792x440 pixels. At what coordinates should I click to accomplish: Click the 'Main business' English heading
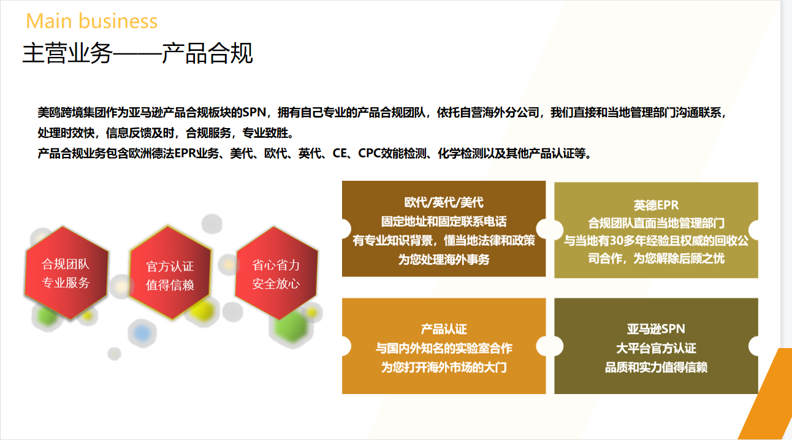tap(91, 21)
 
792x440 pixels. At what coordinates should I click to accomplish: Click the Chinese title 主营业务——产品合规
tap(137, 53)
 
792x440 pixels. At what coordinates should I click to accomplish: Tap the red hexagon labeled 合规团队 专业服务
tap(66, 273)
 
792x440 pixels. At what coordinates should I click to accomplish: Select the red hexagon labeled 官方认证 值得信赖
tap(170, 272)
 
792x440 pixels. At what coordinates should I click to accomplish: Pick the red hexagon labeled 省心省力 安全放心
tap(276, 273)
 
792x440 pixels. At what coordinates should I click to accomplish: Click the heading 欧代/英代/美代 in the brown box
tap(444, 202)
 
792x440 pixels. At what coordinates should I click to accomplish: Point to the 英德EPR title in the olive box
tap(657, 205)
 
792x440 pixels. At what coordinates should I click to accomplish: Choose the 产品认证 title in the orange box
tap(444, 329)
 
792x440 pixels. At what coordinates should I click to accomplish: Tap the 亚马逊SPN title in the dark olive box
tap(657, 329)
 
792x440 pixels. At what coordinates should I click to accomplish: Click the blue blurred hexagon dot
tap(142, 333)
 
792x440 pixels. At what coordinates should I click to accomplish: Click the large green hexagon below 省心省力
tap(291, 327)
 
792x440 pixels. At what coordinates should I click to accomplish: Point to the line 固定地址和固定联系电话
tap(444, 222)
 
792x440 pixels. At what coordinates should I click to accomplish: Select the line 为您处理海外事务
tap(444, 259)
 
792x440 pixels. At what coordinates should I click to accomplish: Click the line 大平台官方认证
tap(657, 348)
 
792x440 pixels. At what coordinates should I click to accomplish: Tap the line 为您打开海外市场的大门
tap(444, 367)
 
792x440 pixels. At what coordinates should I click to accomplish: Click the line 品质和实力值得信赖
tap(657, 367)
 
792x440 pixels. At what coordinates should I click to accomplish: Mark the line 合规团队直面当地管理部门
tap(657, 223)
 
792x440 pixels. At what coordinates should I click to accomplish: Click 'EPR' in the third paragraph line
tap(185, 153)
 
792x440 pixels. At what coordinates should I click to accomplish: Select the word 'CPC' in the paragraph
tap(369, 153)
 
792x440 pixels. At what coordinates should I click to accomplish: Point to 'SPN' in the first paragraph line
tap(254, 112)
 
